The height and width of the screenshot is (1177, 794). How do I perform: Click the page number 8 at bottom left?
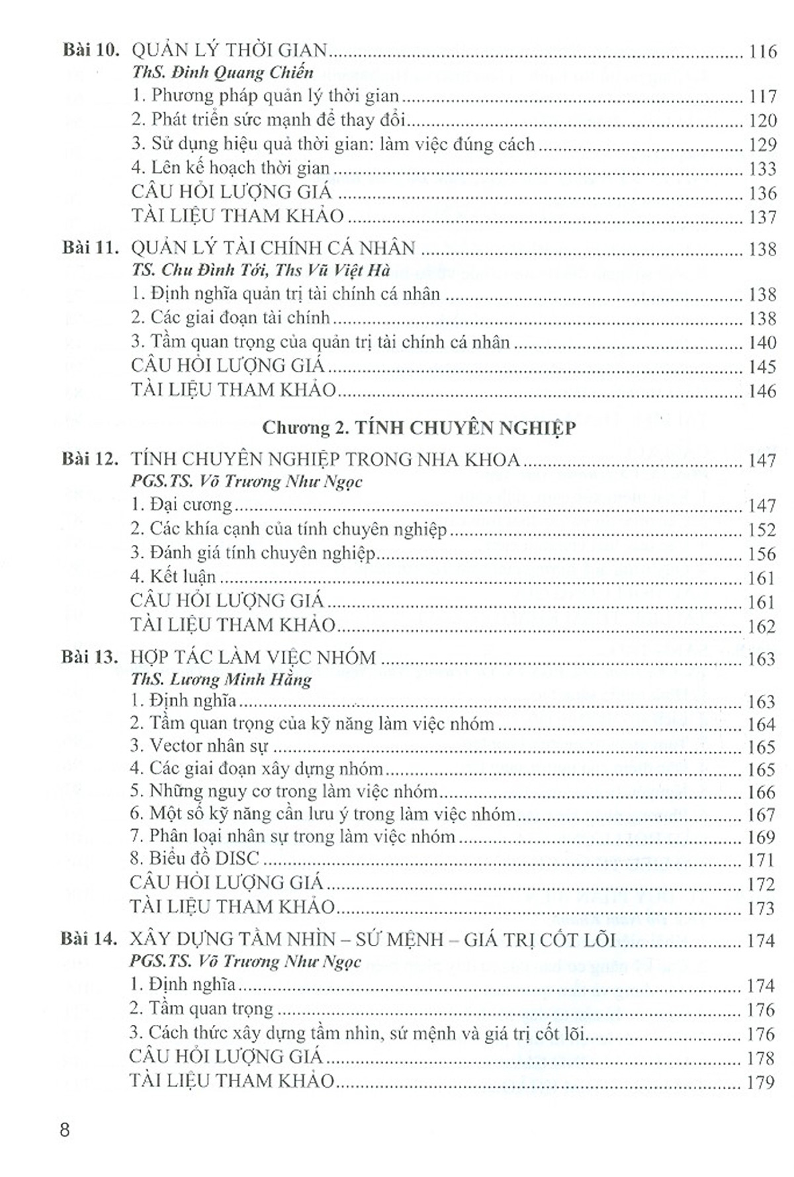(64, 1129)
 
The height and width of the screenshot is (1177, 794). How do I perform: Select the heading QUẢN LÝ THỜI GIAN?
(230, 50)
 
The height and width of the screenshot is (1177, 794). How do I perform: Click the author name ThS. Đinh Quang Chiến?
(222, 72)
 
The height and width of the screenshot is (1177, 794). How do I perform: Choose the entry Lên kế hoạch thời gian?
(230, 168)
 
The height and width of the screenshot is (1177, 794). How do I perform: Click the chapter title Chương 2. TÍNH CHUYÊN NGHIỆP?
(419, 428)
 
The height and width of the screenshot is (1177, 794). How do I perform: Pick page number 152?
(762, 530)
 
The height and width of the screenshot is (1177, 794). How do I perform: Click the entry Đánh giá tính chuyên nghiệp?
(253, 553)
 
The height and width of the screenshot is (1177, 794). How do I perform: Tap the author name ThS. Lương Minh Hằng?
(221, 679)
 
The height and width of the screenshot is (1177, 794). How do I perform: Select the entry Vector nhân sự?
(199, 747)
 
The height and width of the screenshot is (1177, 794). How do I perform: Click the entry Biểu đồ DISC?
(195, 859)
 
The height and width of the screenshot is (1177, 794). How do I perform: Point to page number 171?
(761, 860)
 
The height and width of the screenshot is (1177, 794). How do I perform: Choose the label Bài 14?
(90, 939)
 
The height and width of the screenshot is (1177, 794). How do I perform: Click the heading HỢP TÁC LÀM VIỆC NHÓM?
(253, 658)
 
